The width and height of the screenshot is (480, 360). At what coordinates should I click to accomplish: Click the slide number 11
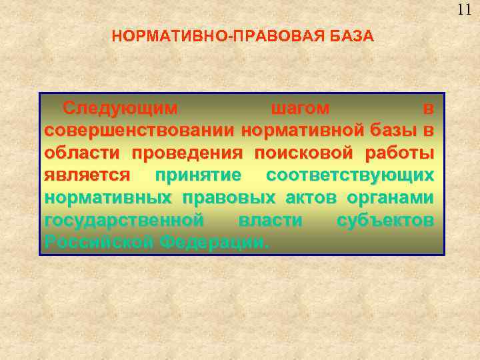465,9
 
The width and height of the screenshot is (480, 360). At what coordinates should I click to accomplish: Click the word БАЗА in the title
352,36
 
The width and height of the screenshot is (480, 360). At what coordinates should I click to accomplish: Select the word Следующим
120,107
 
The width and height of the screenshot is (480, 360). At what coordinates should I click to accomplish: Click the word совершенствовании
140,130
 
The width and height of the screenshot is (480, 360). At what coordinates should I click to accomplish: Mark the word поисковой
305,153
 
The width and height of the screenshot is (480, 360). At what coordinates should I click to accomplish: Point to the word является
87,175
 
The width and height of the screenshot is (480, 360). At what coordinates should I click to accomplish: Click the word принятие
199,175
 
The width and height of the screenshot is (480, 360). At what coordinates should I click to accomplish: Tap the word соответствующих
350,175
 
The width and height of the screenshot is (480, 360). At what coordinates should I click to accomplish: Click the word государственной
123,220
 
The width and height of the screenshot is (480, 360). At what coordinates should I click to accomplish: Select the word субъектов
386,220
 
